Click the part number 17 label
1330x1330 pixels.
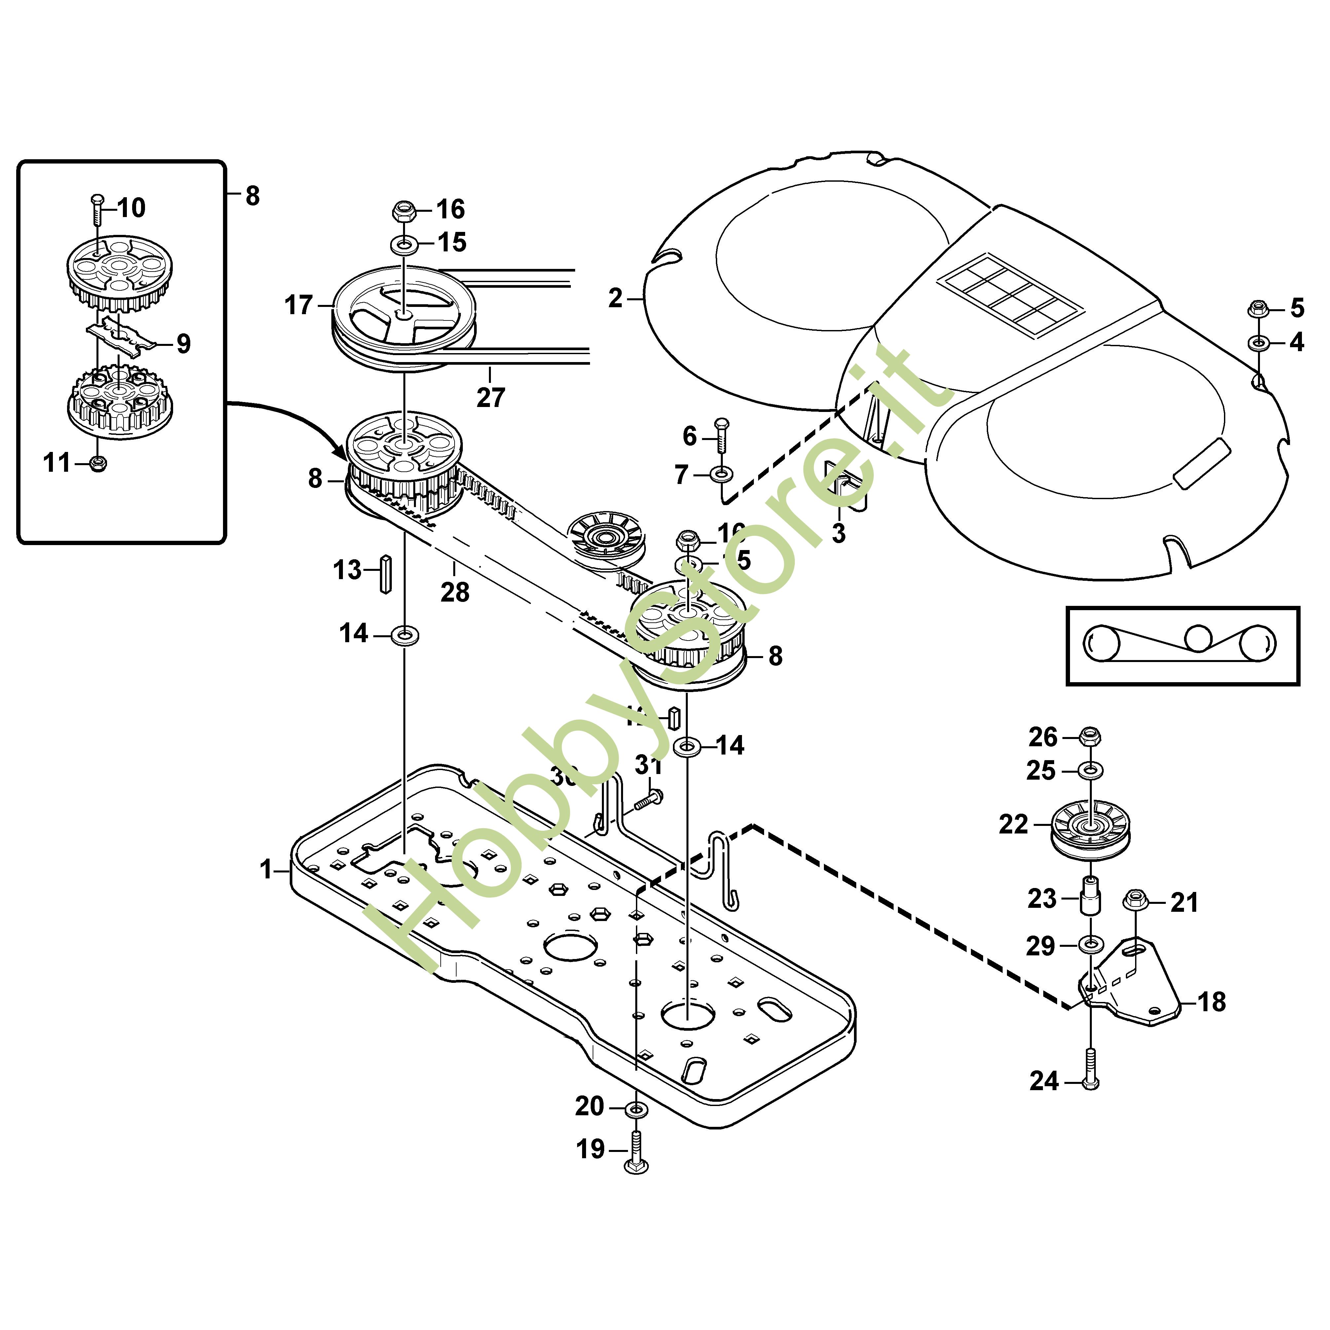click(298, 305)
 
